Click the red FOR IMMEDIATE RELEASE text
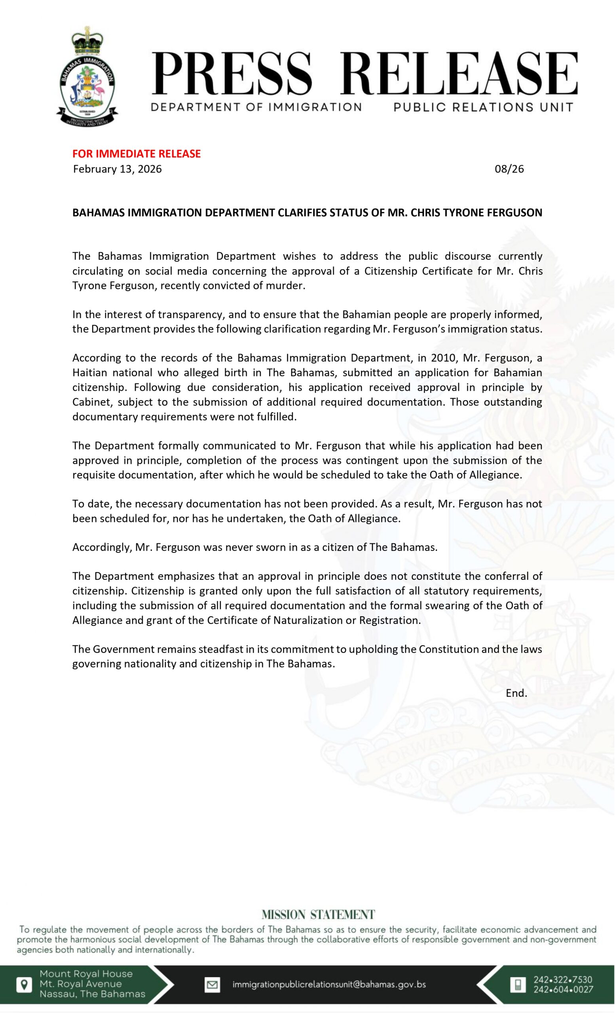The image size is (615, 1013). (x=137, y=154)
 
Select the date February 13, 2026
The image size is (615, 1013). (x=117, y=169)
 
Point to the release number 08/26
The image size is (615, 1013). (x=509, y=169)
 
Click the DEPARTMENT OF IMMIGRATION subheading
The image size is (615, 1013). (x=256, y=107)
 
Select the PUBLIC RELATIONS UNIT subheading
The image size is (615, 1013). (x=483, y=107)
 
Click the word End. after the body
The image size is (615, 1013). (x=516, y=693)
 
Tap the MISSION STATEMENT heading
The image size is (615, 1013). (x=318, y=914)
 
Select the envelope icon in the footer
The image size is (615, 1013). (x=212, y=984)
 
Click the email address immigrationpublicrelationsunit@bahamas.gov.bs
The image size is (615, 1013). (x=329, y=984)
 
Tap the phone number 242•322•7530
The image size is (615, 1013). (x=563, y=979)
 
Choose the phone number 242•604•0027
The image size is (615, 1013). (x=563, y=989)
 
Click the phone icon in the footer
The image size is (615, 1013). (x=518, y=984)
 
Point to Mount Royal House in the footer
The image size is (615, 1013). (x=86, y=973)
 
